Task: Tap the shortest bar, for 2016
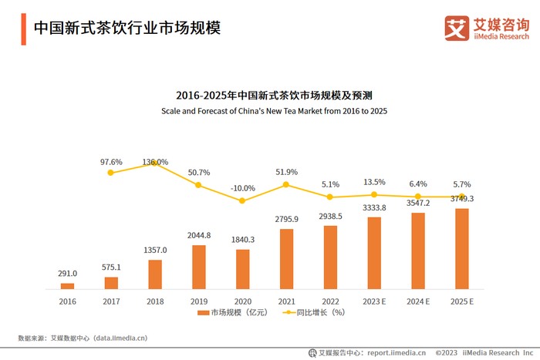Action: (67, 286)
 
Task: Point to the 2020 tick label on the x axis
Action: (242, 301)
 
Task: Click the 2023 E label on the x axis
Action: (373, 301)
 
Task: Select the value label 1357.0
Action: (154, 251)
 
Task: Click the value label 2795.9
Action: (286, 220)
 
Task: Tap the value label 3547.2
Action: (417, 204)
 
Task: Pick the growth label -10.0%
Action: (242, 188)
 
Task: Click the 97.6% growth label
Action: (111, 162)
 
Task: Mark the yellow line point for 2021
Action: (286, 184)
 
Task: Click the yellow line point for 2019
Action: (198, 185)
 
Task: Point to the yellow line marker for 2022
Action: (330, 197)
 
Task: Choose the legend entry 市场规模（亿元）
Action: (231, 313)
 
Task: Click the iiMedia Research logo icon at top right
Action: (457, 28)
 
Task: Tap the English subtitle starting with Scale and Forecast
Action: (274, 111)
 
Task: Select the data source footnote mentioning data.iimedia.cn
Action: (83, 338)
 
